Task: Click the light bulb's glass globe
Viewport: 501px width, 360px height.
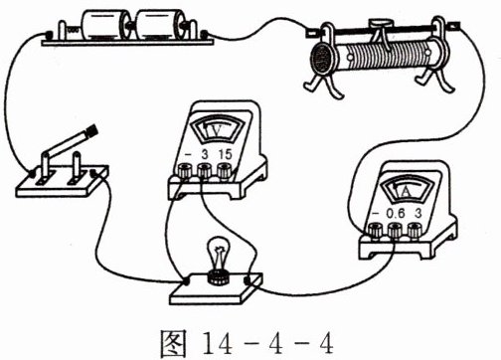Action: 217,252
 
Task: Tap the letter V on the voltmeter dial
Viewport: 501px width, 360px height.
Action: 217,131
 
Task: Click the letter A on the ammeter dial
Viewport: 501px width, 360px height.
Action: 406,191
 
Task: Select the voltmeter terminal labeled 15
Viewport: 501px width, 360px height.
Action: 225,171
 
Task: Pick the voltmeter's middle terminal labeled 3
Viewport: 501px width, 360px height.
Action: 204,171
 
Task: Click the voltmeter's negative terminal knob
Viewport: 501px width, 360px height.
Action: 184,171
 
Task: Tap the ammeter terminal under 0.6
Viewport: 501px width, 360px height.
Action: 396,231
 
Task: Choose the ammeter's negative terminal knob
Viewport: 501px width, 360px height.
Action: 375,231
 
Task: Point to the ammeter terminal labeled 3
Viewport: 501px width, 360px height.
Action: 415,230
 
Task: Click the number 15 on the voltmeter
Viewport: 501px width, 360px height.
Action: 225,154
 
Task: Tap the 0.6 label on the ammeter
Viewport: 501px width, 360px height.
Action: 396,214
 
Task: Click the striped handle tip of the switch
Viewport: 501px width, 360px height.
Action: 92,131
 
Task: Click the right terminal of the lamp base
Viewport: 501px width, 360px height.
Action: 249,280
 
